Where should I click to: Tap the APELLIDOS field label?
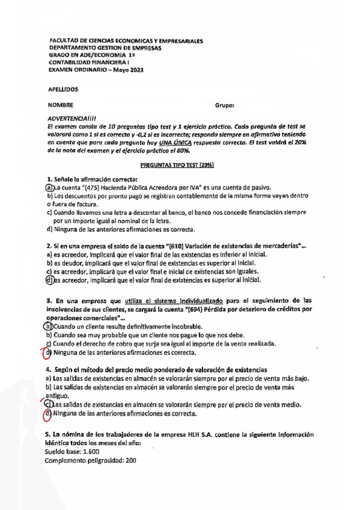click(x=63, y=88)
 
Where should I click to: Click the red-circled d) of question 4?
click(x=49, y=414)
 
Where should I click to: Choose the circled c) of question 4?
click(x=49, y=405)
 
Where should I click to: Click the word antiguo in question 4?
click(x=60, y=396)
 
